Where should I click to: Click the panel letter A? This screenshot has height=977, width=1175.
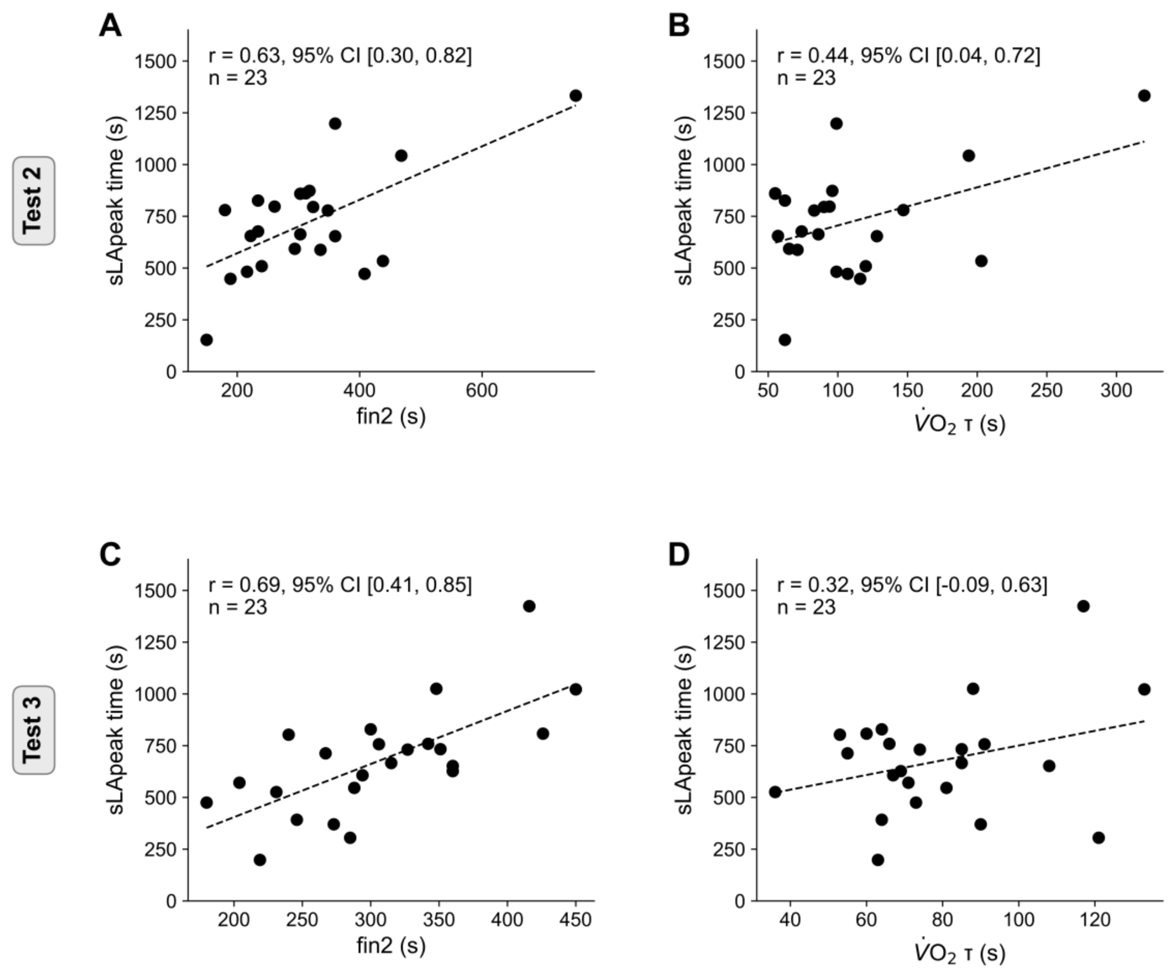(110, 26)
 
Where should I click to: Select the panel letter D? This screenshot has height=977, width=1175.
(679, 555)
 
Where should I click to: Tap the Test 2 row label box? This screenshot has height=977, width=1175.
(33, 200)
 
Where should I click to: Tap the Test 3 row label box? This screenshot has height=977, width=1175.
(33, 730)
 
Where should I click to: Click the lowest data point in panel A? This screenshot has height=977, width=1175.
(207, 340)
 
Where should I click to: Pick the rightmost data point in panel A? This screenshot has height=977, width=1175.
(575, 96)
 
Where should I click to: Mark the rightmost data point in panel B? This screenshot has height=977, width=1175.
(1144, 96)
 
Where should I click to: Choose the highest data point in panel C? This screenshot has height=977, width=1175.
(529, 606)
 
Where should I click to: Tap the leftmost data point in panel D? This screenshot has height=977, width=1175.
(775, 792)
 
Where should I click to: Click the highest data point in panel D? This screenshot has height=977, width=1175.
(1083, 606)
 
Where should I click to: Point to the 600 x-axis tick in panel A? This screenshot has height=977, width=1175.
(481, 390)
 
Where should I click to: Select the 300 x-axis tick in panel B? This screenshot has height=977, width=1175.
(1116, 390)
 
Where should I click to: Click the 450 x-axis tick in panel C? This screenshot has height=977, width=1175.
(575, 919)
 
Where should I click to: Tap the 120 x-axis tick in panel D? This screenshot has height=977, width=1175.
(1095, 919)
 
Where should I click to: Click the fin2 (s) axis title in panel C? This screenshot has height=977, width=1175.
(391, 945)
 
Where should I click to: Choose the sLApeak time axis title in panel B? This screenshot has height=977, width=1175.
(684, 200)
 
